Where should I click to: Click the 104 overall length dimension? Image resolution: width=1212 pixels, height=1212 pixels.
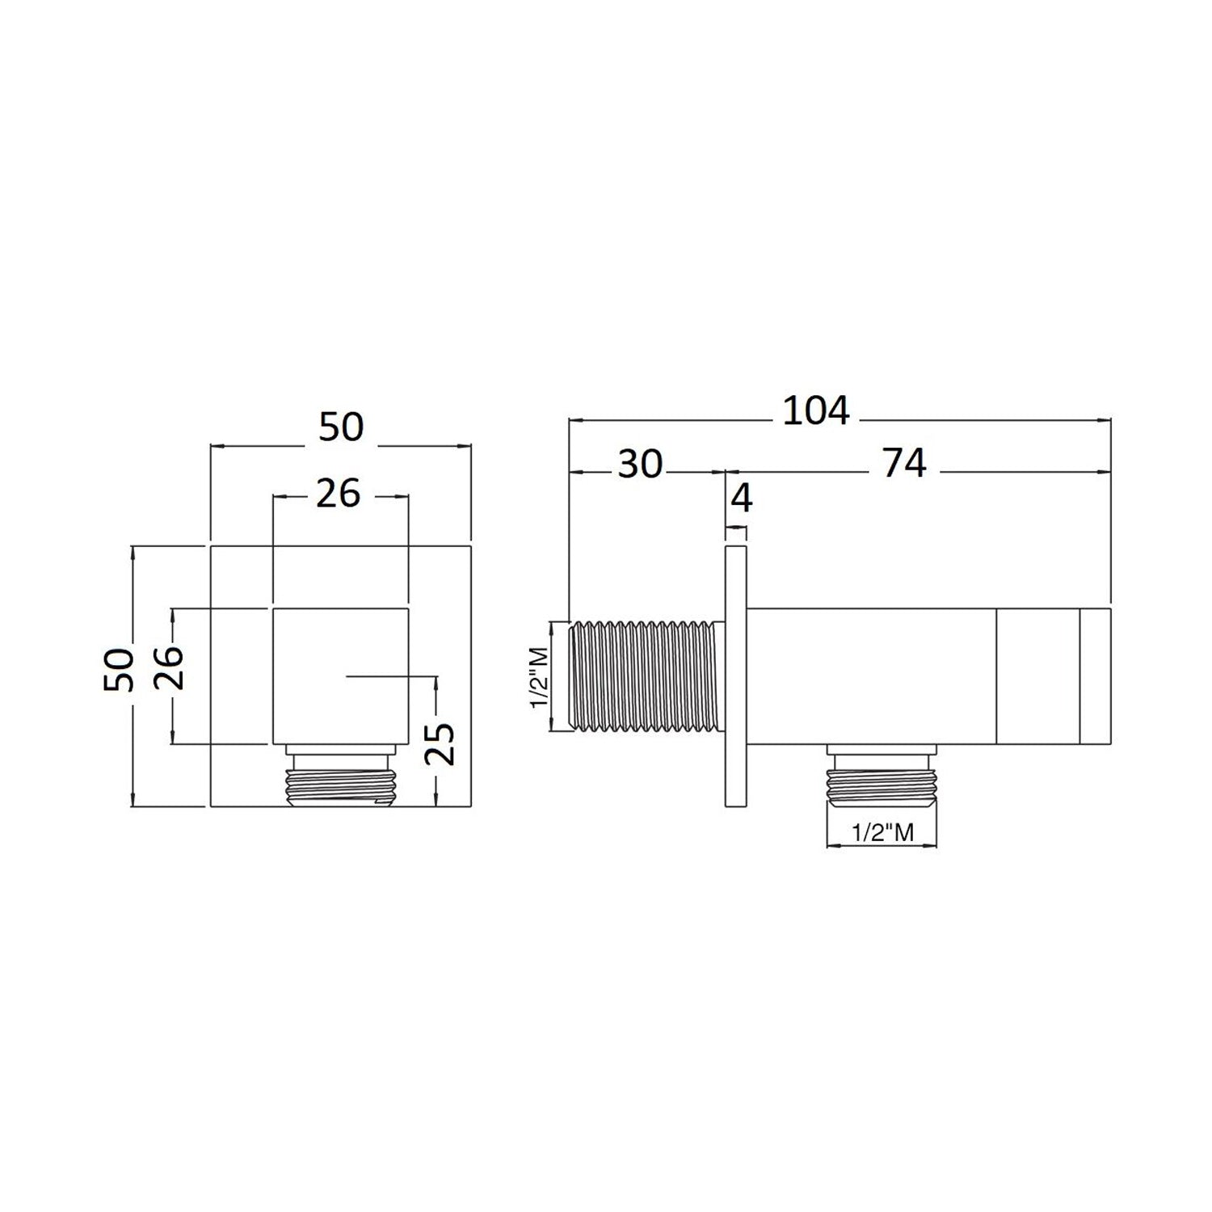click(817, 410)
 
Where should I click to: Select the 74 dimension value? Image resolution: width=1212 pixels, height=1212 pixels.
click(904, 464)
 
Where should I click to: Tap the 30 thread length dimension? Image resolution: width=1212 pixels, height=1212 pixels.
click(640, 464)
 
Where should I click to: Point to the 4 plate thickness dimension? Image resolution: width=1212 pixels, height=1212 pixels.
click(741, 499)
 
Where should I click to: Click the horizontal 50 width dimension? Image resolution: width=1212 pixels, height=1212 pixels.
click(341, 427)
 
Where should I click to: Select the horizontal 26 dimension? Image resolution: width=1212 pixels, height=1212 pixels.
click(338, 493)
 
